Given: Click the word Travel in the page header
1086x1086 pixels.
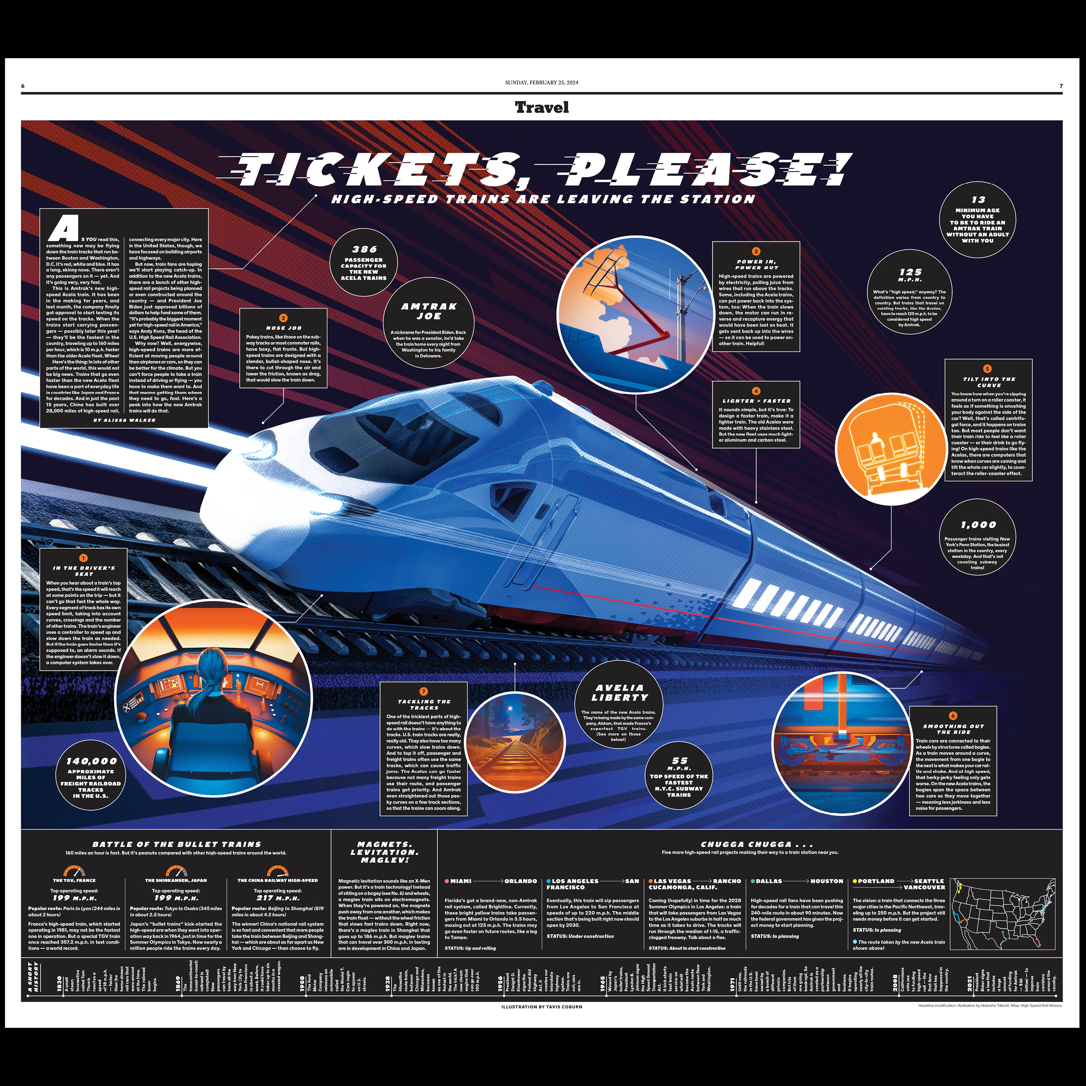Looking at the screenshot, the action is click(542, 107).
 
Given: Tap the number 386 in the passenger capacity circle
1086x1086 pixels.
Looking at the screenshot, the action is click(364, 249).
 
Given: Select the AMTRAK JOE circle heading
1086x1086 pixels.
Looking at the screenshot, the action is click(429, 311).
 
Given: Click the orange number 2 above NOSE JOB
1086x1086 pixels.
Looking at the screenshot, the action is click(283, 318).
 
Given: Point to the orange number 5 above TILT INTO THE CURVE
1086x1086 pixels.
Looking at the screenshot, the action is click(987, 369).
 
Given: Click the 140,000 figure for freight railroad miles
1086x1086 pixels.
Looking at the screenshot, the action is click(91, 761).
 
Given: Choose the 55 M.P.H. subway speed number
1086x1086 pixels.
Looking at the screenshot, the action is click(680, 761).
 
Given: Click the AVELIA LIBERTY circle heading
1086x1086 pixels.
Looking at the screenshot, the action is click(619, 693).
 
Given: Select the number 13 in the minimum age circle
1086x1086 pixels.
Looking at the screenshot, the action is click(978, 199).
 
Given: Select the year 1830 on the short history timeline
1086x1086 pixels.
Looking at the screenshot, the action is click(59, 983).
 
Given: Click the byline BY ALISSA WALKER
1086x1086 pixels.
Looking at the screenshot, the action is click(124, 420).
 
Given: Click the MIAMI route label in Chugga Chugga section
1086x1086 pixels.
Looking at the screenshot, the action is click(460, 881).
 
